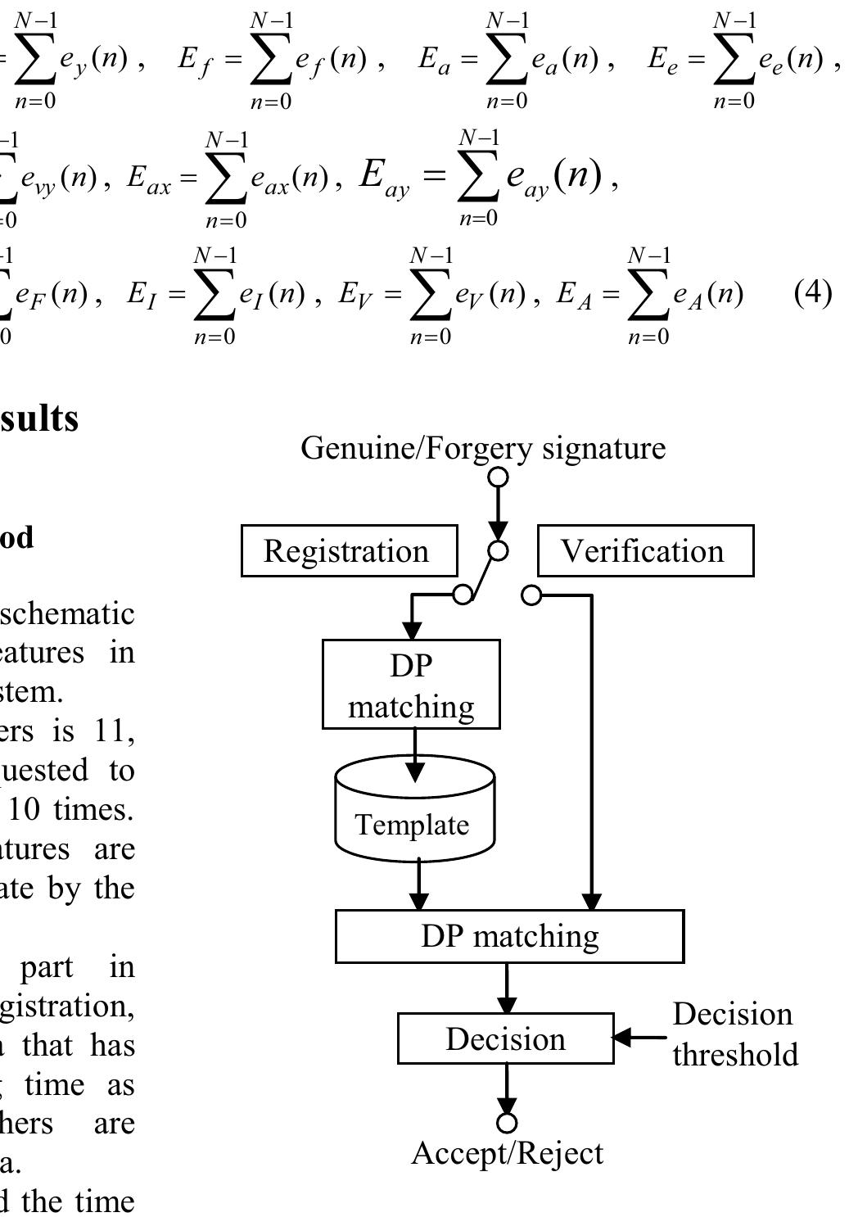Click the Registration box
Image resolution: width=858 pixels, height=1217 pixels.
point(349,551)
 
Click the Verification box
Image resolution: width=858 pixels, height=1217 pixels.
point(645,551)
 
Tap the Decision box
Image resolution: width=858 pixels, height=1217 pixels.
point(505,1038)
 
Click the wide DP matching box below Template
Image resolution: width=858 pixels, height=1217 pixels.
point(509,936)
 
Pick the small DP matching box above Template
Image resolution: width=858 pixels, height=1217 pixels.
point(411,685)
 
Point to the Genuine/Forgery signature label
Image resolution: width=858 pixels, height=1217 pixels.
point(483,448)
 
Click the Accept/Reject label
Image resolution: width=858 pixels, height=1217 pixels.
point(507,1153)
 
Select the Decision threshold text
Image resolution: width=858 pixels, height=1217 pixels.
point(734,1034)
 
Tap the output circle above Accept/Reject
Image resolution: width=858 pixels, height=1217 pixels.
point(507,1121)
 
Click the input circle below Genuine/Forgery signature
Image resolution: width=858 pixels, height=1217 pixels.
point(498,477)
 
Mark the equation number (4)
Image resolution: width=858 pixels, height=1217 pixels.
point(813,293)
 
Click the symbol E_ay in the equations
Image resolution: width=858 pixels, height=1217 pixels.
point(383,178)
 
